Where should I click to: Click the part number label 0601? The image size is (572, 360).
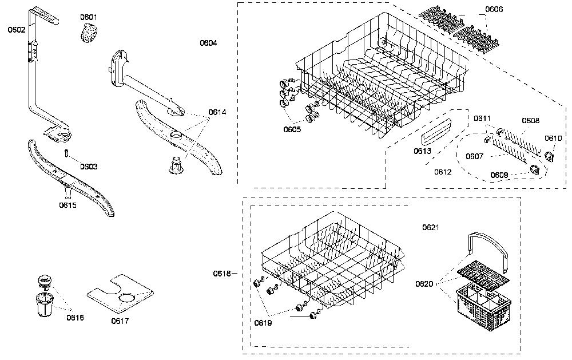(89, 17)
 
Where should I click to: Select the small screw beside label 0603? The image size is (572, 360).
(67, 153)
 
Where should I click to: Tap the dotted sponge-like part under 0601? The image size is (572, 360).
(89, 33)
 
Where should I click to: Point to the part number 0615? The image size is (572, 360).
(68, 205)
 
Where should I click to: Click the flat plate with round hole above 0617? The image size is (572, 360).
(120, 294)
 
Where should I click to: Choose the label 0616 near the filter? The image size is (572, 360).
(75, 318)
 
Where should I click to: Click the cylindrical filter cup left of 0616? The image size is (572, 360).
(45, 304)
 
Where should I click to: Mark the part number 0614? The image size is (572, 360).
(217, 112)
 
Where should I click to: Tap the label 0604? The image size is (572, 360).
(208, 43)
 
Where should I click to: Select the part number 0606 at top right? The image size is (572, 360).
(494, 10)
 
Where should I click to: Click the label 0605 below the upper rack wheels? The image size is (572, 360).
(292, 129)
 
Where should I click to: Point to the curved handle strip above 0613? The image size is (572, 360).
(436, 132)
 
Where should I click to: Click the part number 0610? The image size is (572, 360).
(553, 139)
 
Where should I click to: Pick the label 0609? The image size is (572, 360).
(499, 175)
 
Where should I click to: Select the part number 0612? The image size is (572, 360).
(443, 172)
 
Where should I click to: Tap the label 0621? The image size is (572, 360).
(431, 227)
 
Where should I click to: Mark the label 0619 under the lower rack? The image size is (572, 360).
(263, 323)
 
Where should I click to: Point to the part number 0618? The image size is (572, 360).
(222, 274)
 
